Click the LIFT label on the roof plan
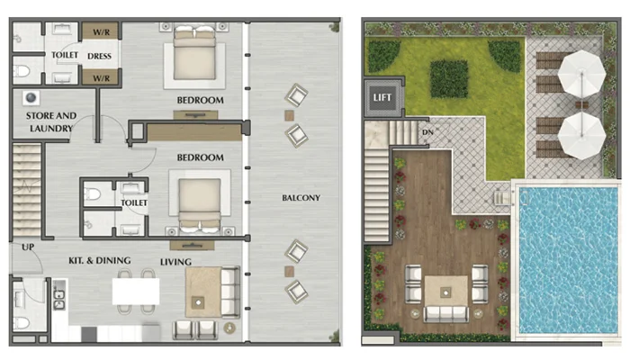(x=382, y=97)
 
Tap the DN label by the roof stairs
(x=427, y=132)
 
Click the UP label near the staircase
(x=28, y=247)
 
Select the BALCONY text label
(x=301, y=198)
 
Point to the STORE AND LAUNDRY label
(x=51, y=121)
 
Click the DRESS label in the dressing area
(x=99, y=56)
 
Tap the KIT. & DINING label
(x=100, y=260)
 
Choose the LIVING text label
(x=175, y=262)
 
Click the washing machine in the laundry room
(x=31, y=97)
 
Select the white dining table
(x=136, y=292)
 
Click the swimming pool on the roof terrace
(x=568, y=259)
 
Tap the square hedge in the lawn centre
(x=449, y=79)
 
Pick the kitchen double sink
(x=59, y=300)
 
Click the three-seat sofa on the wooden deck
(x=446, y=314)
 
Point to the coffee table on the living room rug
(x=198, y=302)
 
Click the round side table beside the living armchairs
(x=229, y=328)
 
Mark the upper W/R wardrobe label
(x=101, y=32)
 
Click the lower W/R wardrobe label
(x=101, y=78)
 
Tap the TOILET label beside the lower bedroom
(x=134, y=202)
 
